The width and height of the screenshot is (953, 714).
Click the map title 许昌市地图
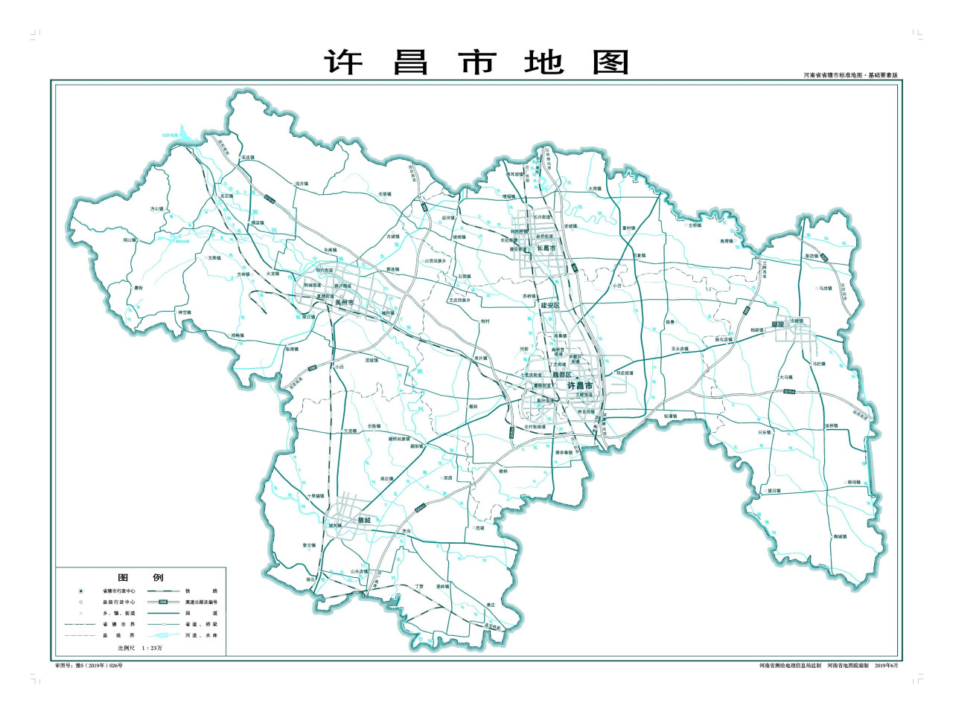(476, 62)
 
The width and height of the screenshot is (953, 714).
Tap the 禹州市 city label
(344, 303)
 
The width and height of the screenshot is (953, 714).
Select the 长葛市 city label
(547, 248)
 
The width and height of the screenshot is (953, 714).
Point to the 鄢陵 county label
(778, 324)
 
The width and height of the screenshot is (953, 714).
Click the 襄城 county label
(363, 520)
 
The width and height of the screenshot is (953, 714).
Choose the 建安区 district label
(550, 306)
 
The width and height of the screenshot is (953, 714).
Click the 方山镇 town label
(157, 210)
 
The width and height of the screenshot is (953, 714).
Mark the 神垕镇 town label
(185, 312)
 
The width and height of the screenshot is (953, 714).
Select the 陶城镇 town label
(840, 536)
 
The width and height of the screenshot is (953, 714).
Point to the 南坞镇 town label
(853, 483)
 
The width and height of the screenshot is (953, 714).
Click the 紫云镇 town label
(309, 545)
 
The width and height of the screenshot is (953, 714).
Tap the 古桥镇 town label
(695, 225)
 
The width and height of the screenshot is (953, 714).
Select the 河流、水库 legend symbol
(162, 635)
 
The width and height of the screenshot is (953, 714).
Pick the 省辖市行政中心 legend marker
(80, 591)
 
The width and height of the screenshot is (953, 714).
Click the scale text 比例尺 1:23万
(134, 649)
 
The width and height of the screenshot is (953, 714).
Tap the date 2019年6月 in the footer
(887, 665)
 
